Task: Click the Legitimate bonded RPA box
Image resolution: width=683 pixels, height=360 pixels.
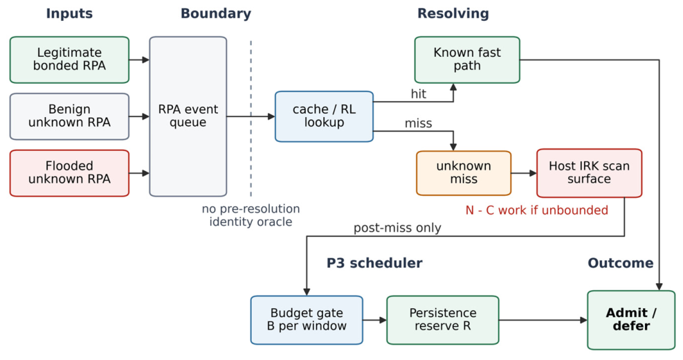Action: (x=69, y=60)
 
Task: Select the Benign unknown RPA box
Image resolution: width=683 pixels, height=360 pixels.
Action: (x=69, y=116)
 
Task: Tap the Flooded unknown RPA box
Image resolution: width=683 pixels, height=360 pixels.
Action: (x=69, y=173)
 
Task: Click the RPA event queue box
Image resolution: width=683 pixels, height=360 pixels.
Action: (x=188, y=116)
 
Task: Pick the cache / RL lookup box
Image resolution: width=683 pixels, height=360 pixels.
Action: (x=324, y=116)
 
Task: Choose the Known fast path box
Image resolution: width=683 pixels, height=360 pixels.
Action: (x=467, y=60)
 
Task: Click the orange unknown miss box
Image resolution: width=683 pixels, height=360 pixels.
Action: (x=464, y=173)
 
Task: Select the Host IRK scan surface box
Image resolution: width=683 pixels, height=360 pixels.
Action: (x=590, y=173)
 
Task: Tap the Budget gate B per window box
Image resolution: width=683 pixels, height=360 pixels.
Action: (x=307, y=320)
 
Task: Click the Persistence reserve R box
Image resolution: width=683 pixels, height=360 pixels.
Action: (x=443, y=320)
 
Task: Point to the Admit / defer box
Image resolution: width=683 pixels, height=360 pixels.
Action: (x=631, y=320)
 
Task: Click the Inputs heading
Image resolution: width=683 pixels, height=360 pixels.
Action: (x=69, y=14)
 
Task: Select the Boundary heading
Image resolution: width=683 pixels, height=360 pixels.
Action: (x=216, y=14)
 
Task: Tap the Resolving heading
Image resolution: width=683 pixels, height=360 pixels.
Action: (x=453, y=14)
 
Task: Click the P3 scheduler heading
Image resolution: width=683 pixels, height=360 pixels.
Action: (x=374, y=263)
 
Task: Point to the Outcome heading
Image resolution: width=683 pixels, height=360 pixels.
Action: (x=621, y=263)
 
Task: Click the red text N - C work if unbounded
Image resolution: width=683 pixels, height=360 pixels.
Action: (x=537, y=210)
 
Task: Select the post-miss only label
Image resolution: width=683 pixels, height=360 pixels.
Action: (x=397, y=228)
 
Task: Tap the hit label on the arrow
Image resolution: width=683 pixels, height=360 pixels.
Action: (x=419, y=93)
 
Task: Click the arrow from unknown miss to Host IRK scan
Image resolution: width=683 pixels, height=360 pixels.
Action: (x=524, y=173)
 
